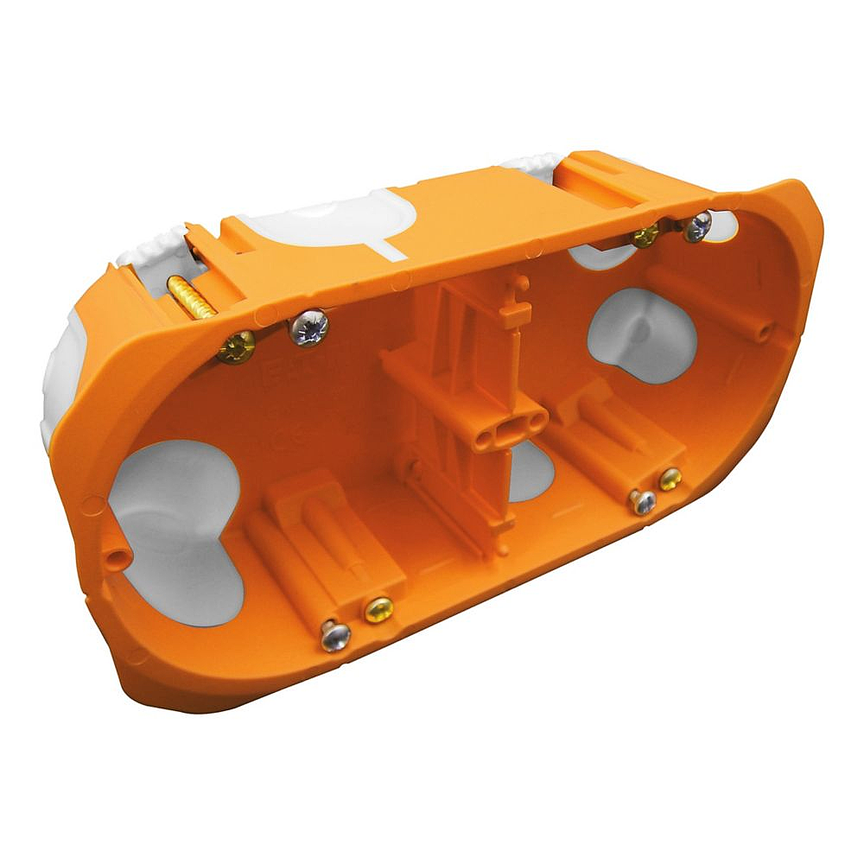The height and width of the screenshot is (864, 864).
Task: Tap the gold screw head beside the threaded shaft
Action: pos(235,346)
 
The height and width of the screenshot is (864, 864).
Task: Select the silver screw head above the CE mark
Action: pos(309,327)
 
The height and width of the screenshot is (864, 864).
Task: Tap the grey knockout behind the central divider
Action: pos(534,471)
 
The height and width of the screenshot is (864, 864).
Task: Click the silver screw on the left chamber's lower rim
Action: pos(335,636)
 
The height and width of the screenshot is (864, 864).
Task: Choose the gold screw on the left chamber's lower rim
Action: pos(378,610)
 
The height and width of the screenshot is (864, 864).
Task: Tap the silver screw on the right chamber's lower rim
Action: pos(643,501)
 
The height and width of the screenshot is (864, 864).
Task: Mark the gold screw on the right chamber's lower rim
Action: pos(670,479)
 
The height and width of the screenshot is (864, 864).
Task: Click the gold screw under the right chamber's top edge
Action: pos(644,235)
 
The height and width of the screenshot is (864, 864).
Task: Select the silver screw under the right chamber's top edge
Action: pos(696,226)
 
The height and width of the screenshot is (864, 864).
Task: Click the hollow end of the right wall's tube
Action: pos(764,333)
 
